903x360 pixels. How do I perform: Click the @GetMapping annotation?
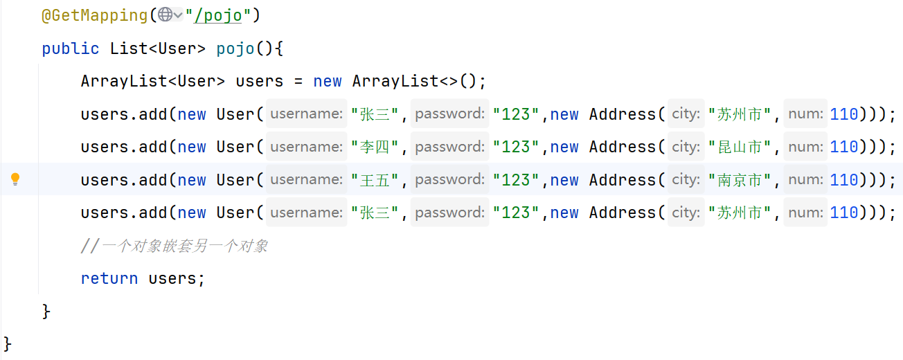[97, 15]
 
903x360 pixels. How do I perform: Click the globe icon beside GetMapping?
[166, 15]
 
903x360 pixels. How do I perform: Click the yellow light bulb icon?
[15, 180]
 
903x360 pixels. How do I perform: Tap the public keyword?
[70, 48]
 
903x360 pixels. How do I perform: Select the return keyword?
[109, 278]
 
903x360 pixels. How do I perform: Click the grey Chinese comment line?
[175, 246]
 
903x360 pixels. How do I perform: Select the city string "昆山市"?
[740, 147]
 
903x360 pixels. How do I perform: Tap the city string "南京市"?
[740, 180]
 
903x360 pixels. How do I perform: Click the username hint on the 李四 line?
[306, 147]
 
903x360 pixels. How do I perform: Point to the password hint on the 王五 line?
[449, 180]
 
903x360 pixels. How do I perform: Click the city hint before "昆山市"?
[686, 147]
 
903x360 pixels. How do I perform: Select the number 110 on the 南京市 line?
[843, 180]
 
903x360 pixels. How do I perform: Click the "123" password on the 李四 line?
[516, 147]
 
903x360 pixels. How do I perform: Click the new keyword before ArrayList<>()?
[327, 81]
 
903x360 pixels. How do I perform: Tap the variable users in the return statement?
[177, 278]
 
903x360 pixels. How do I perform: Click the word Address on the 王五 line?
[622, 180]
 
